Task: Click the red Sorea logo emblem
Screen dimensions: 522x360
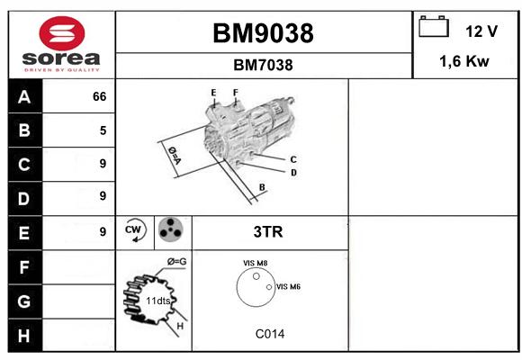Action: pos(62,33)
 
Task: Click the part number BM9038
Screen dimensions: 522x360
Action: pos(263,33)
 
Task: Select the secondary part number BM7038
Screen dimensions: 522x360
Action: pos(263,65)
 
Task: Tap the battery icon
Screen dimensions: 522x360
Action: pos(434,26)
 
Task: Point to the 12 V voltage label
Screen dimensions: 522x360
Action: pos(481,31)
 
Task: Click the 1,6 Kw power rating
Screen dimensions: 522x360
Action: pos(464,61)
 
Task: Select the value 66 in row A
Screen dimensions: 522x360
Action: pos(100,96)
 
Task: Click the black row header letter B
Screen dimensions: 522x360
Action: pos(24,130)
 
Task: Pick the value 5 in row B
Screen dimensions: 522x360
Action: pos(103,130)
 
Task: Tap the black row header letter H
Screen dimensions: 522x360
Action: pos(24,336)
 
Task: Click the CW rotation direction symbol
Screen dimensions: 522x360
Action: pos(134,229)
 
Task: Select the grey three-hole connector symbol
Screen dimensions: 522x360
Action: pos(170,229)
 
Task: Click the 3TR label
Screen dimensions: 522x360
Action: pos(268,232)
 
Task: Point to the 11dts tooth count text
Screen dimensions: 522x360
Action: pos(158,301)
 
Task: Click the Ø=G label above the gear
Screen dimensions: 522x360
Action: pos(176,261)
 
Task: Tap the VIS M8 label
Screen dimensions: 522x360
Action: pos(255,263)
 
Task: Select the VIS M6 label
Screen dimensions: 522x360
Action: pos(288,286)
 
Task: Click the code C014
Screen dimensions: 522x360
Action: pos(270,334)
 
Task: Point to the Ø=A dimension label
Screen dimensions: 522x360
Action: pos(175,155)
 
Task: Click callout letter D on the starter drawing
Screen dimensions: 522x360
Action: pos(293,173)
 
